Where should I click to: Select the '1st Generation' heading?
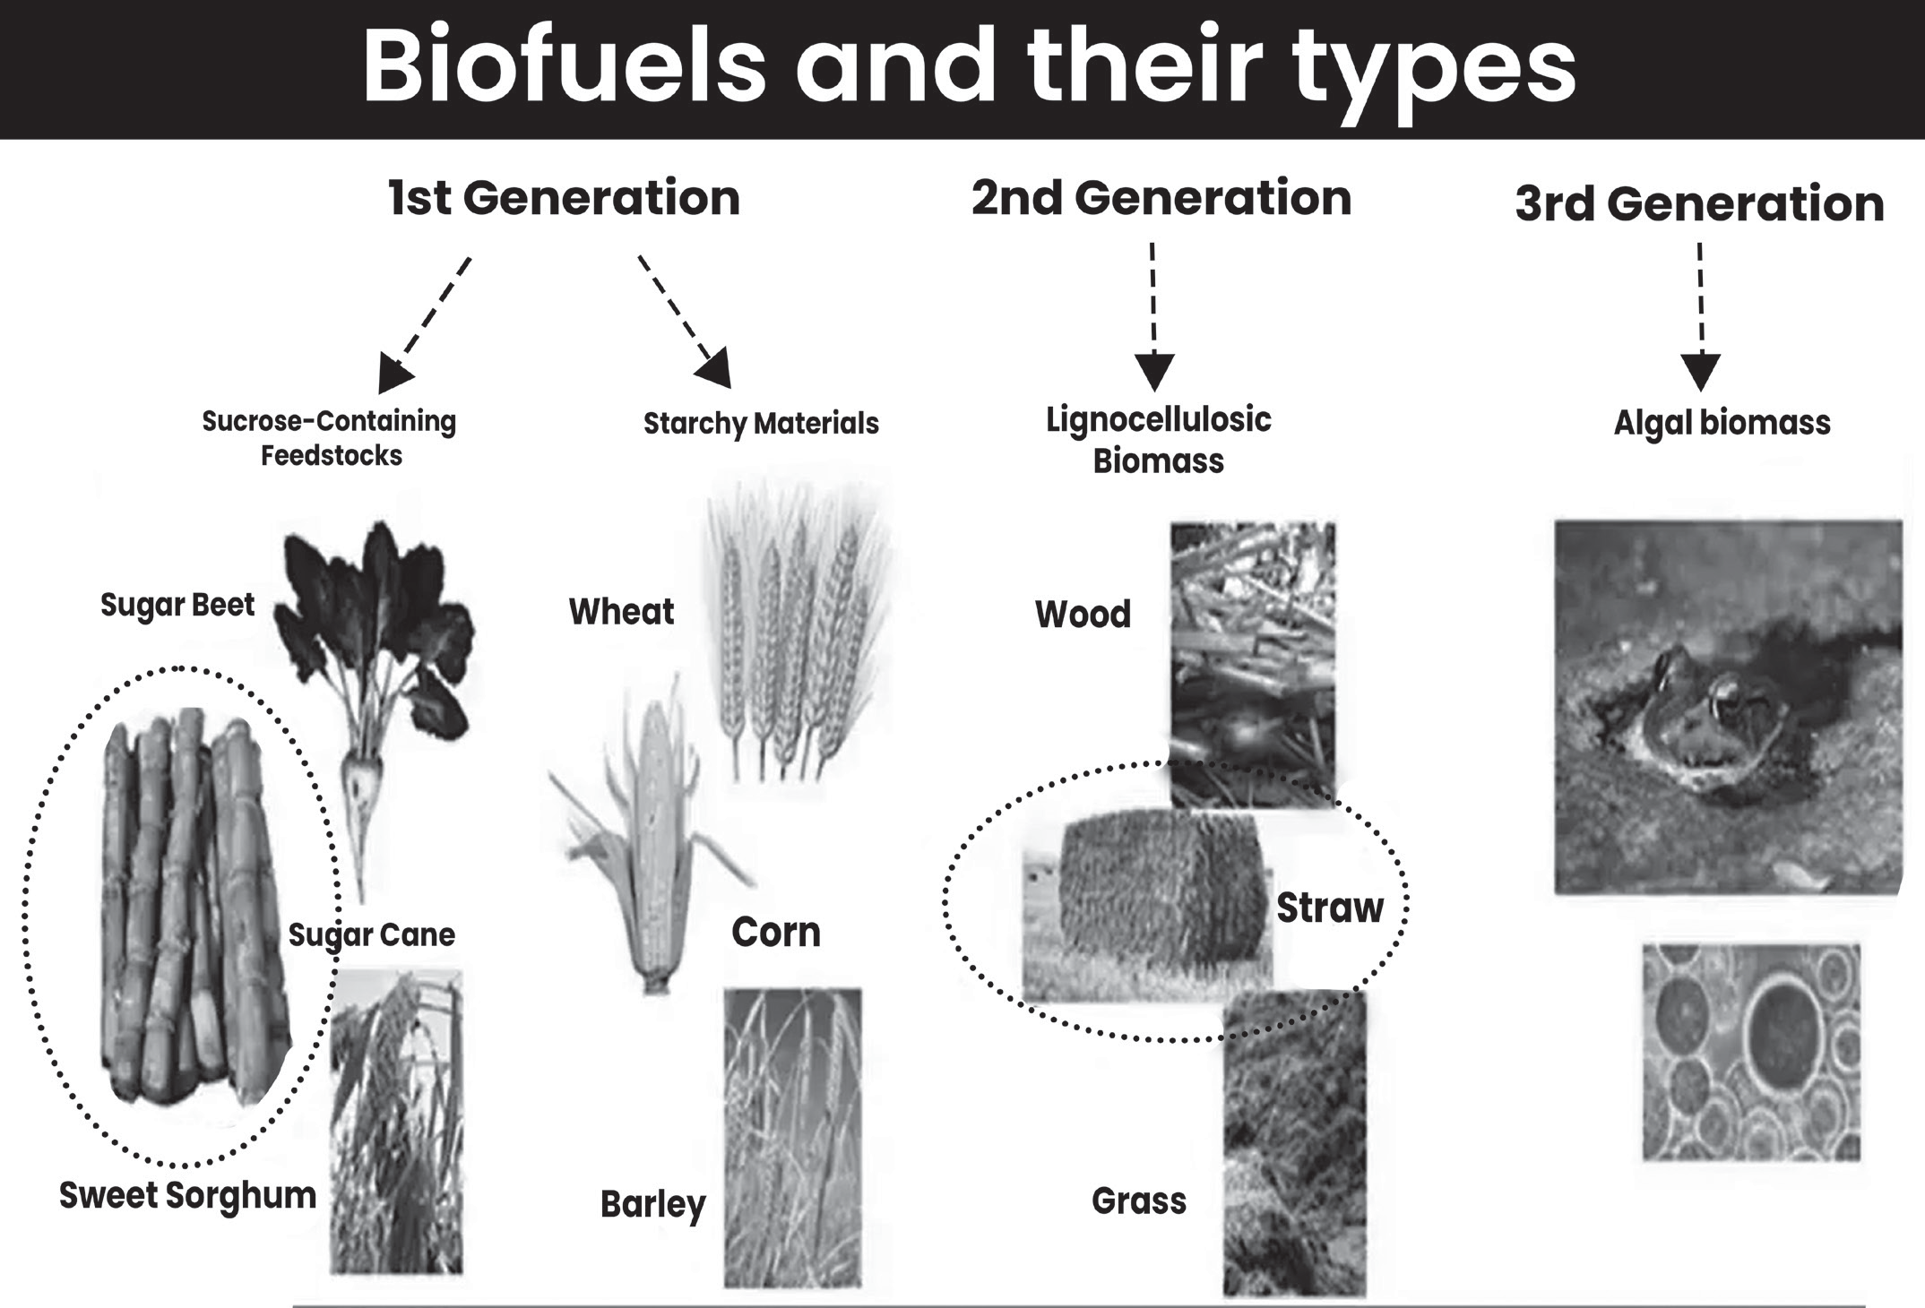(565, 198)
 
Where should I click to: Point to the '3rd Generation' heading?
(1699, 203)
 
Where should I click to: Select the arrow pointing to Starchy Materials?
(685, 323)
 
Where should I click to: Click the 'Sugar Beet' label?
(177, 606)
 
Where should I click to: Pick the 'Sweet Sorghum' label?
(187, 1196)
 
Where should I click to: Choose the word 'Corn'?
(776, 933)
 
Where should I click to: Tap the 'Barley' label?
(652, 1205)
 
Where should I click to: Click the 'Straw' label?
(1330, 908)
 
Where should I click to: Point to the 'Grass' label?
(1139, 1200)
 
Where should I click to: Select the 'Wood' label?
(1083, 615)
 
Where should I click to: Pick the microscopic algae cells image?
(1751, 1052)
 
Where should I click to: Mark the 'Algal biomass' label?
(1722, 423)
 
